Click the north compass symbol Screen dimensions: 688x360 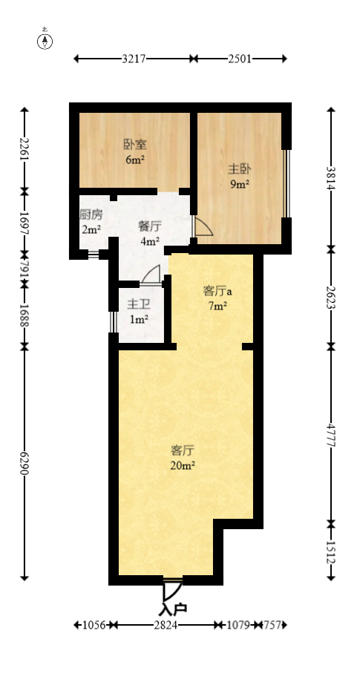click(45, 40)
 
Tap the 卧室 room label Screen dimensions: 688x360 click(134, 145)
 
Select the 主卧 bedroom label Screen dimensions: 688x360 click(238, 168)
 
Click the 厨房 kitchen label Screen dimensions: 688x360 click(91, 215)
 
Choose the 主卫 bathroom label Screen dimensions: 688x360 click(138, 304)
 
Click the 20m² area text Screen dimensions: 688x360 click(183, 465)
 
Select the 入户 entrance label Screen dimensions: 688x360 click(173, 609)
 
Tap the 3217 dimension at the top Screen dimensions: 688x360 click(134, 59)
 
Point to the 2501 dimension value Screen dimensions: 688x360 click(240, 59)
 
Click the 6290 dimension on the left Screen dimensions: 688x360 click(24, 465)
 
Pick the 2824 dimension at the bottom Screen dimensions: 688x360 click(164, 626)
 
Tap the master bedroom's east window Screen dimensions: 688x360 click(287, 184)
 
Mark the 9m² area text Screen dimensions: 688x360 click(238, 184)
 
